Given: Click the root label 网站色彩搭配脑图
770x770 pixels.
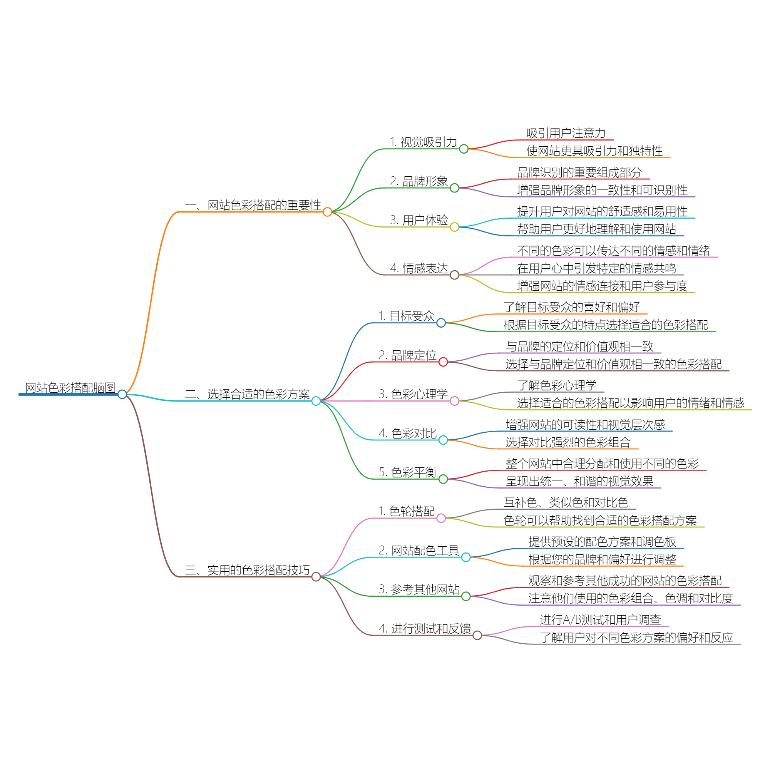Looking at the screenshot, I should click(x=70, y=387).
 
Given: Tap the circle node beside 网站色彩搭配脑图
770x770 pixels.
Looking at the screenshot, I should click(x=122, y=394).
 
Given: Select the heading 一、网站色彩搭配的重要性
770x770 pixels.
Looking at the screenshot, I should click(x=253, y=205).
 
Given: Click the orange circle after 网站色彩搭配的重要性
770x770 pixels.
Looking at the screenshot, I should click(x=328, y=212).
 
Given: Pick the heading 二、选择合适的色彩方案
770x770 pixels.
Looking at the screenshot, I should click(x=247, y=394).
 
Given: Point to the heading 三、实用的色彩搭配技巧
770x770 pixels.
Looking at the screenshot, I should click(x=247, y=570).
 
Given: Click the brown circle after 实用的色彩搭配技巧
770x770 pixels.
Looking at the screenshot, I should click(x=316, y=577).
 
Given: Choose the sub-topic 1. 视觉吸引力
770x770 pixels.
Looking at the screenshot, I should click(x=423, y=142).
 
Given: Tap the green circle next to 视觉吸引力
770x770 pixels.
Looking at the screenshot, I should click(x=464, y=149).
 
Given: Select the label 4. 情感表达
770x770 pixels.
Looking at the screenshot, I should click(x=419, y=268).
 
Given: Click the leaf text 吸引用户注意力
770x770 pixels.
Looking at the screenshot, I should click(x=566, y=133).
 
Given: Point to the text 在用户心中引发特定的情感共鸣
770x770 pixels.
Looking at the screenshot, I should click(x=596, y=268).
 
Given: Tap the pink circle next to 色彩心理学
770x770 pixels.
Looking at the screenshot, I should click(x=454, y=401).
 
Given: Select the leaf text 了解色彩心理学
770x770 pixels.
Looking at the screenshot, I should click(x=557, y=385).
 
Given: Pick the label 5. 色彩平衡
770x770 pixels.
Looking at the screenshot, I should click(x=408, y=472).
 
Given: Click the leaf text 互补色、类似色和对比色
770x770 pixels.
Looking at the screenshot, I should click(x=566, y=502).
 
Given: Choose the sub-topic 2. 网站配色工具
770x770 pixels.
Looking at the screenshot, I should click(x=419, y=551).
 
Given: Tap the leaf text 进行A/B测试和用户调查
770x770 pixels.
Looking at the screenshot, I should click(x=600, y=620).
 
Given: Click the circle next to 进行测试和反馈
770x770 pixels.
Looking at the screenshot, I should click(x=477, y=635).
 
